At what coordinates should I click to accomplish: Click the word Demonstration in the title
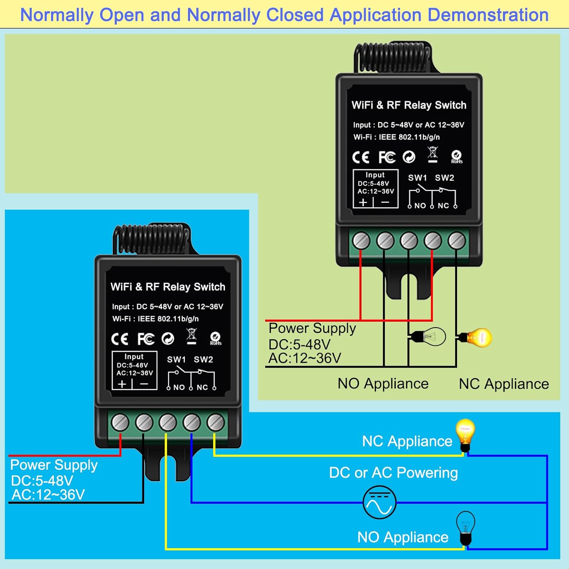tap(488, 15)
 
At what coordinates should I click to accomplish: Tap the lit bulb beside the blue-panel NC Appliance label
tap(465, 434)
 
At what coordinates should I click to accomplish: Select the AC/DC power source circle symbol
tap(379, 503)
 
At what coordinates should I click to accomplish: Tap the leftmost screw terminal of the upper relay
tap(361, 241)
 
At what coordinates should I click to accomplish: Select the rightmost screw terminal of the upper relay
tap(456, 241)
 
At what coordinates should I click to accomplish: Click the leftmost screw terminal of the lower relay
tap(120, 423)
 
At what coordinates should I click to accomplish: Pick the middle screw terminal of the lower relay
tap(168, 423)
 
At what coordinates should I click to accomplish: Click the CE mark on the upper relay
tap(360, 157)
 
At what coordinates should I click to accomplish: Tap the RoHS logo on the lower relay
tap(215, 338)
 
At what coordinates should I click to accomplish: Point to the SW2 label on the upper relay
tap(444, 178)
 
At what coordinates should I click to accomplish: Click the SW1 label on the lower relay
tap(176, 360)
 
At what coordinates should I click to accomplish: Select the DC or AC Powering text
tap(393, 473)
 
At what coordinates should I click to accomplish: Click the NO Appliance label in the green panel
tap(383, 384)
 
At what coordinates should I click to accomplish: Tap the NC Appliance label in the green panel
tap(504, 384)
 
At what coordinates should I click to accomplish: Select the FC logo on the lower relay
tap(146, 339)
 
